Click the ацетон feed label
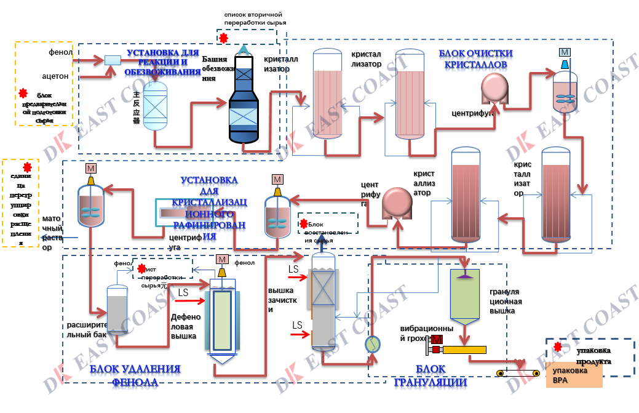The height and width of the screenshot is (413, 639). pyautogui.click(x=58, y=76)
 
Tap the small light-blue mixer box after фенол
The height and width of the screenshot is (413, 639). pyautogui.click(x=113, y=60)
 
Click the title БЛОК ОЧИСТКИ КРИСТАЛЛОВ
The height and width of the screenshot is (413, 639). pyautogui.click(x=475, y=58)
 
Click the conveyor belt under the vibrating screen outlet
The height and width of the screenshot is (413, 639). pyautogui.click(x=520, y=374)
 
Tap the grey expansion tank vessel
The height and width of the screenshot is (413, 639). pyautogui.click(x=117, y=311)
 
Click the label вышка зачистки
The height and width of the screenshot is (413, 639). pyautogui.click(x=282, y=300)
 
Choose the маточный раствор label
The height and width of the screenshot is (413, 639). pyautogui.click(x=51, y=233)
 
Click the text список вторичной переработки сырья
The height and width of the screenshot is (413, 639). pyautogui.click(x=254, y=18)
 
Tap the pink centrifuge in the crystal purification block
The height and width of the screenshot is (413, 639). pyautogui.click(x=494, y=89)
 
